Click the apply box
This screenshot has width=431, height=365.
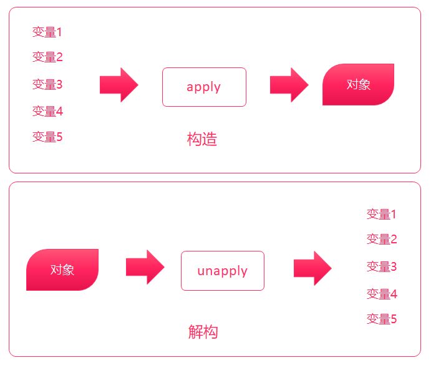(204, 87)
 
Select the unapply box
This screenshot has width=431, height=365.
(223, 271)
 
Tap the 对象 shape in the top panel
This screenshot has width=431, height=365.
(358, 84)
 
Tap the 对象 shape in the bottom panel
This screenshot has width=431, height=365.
(62, 270)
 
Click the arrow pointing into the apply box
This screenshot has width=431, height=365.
(119, 85)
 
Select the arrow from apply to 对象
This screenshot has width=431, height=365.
(289, 85)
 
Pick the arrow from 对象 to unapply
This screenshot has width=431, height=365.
(145, 267)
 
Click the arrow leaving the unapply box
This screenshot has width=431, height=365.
(312, 268)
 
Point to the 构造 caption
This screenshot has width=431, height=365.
(202, 139)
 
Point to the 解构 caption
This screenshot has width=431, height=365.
(203, 331)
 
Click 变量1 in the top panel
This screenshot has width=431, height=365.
(47, 32)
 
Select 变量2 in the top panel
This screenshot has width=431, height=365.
(47, 57)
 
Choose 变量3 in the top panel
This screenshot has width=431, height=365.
(47, 84)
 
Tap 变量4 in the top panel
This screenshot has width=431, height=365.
(47, 112)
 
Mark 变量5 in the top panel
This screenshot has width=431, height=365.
(47, 137)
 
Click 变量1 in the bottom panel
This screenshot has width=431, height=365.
(382, 215)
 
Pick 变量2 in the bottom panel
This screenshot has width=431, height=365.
(382, 239)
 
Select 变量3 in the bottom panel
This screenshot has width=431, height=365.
(382, 267)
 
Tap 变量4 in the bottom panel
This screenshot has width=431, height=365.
(382, 294)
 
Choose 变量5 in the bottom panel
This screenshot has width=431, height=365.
(382, 319)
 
